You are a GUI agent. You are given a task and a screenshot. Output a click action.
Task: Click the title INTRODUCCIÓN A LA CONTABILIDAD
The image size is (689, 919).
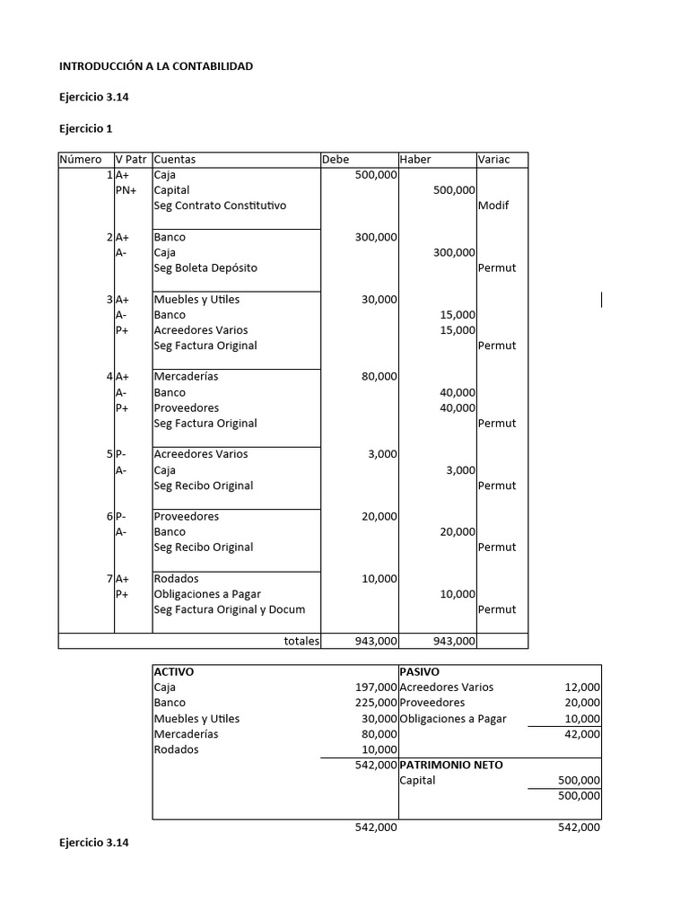(x=156, y=66)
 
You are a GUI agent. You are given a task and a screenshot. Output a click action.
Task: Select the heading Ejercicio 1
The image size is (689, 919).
(x=86, y=128)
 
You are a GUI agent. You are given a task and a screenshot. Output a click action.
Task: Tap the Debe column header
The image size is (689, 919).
(x=336, y=160)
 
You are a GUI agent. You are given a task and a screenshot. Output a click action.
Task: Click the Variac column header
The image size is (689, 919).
(x=494, y=160)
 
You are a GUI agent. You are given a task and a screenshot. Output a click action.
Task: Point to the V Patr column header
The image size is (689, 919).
(x=132, y=160)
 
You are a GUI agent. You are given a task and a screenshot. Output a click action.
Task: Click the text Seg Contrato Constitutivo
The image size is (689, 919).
(x=220, y=206)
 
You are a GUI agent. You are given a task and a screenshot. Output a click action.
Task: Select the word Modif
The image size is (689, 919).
(x=493, y=206)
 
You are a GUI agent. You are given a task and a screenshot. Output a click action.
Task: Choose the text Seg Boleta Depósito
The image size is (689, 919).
(x=205, y=267)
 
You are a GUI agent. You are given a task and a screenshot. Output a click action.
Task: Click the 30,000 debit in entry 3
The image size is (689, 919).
(x=379, y=300)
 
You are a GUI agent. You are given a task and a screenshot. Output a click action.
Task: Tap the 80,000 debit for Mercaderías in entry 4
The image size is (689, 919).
(x=379, y=377)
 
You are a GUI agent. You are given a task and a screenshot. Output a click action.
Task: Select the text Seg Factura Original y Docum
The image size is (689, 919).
(x=230, y=609)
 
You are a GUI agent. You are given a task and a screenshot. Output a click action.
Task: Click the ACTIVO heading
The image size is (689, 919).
(x=174, y=671)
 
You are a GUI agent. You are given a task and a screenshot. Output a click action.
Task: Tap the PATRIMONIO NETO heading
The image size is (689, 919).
(x=450, y=765)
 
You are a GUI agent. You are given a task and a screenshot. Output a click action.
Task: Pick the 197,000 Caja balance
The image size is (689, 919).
(x=376, y=687)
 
